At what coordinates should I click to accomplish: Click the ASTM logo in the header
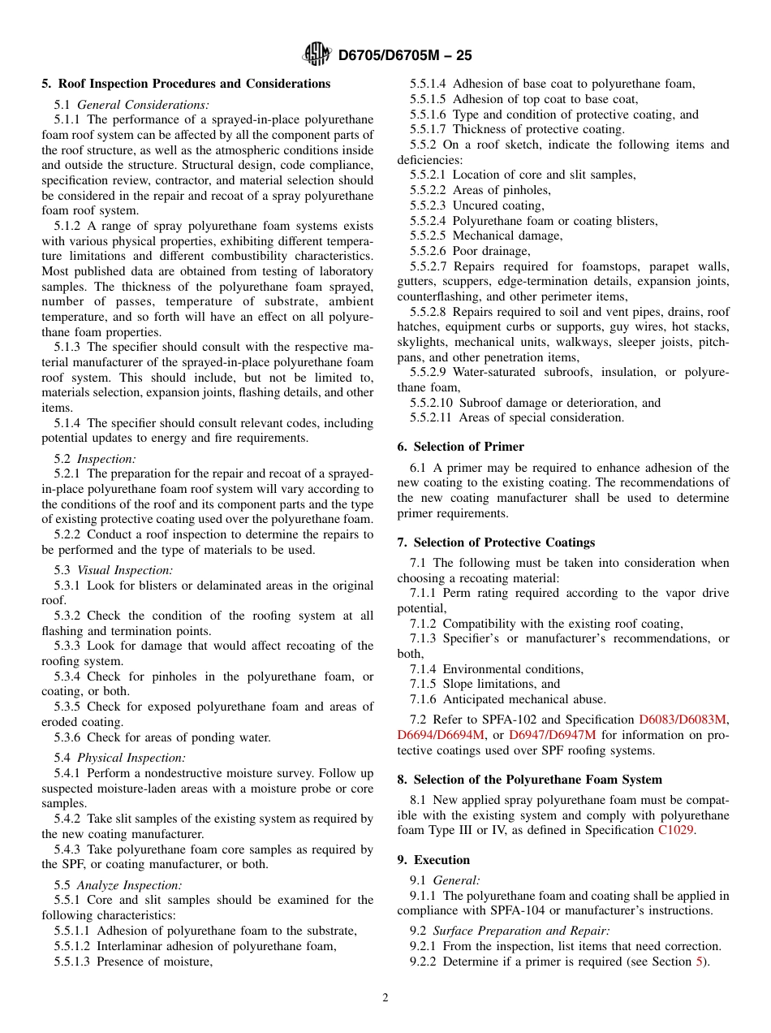317,55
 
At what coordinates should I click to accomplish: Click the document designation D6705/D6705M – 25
404,56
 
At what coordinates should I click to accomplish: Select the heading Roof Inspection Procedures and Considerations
194,84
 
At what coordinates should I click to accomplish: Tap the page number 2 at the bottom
385,998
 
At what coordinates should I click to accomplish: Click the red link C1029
675,830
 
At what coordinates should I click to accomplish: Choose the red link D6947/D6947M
552,734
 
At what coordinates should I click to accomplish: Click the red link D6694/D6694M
441,734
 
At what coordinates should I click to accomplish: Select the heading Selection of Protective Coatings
504,542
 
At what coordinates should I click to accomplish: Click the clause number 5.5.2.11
432,417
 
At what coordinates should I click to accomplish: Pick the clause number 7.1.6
423,699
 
